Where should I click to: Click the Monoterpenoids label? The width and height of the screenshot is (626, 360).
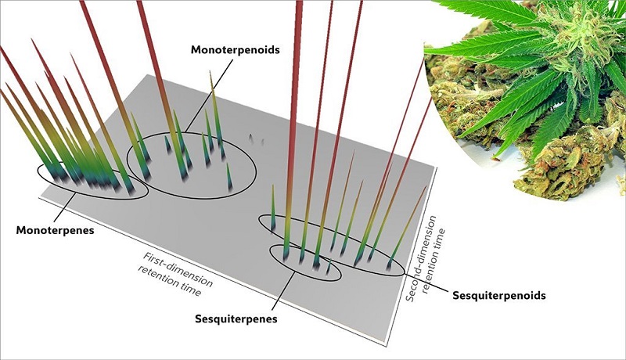[x=236, y=49]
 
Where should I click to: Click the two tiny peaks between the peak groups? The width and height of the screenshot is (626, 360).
[x=252, y=139]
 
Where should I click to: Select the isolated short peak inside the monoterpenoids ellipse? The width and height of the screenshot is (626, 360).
[x=228, y=178]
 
